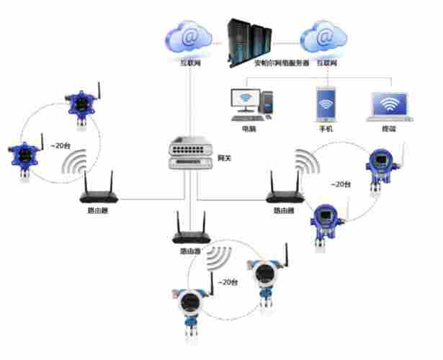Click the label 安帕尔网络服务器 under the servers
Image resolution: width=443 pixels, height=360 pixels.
point(282,63)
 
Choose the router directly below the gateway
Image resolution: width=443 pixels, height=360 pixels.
point(189,233)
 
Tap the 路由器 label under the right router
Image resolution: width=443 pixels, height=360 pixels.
point(283,211)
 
